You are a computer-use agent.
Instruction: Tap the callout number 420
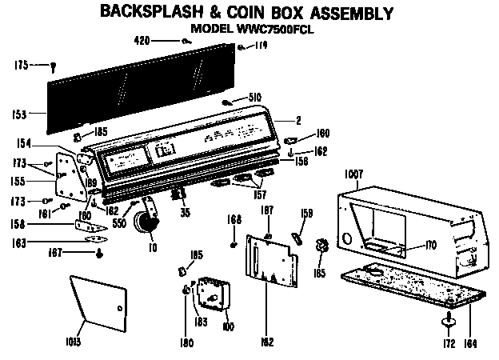pos(142,40)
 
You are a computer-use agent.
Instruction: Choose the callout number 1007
pos(355,172)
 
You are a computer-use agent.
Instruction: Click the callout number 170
pos(430,244)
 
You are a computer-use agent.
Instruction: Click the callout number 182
pos(265,342)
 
